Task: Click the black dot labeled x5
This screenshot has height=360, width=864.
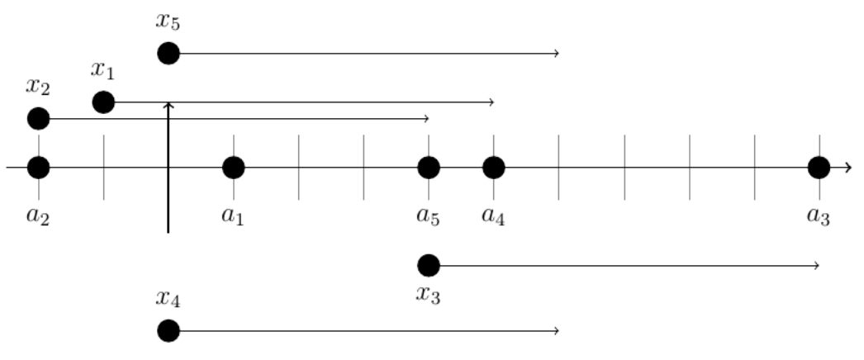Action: click(168, 54)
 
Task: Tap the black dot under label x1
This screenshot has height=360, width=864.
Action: click(103, 102)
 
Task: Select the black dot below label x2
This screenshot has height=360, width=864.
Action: click(39, 119)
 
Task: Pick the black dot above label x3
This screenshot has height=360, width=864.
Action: click(428, 265)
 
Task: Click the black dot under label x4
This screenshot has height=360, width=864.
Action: click(168, 330)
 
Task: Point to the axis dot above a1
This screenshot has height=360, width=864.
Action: click(233, 168)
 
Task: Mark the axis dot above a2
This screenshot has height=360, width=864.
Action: click(39, 168)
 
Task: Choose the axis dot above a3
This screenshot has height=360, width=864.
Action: click(819, 168)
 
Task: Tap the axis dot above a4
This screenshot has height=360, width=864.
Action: click(493, 168)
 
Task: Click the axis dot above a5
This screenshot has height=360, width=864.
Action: click(428, 168)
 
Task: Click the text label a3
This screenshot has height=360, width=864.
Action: click(819, 217)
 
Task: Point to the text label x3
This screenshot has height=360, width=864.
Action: click(429, 295)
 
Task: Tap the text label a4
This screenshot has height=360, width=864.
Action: click(494, 217)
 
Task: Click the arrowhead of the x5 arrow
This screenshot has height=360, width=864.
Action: click(558, 54)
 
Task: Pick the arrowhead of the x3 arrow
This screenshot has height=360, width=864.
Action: click(817, 265)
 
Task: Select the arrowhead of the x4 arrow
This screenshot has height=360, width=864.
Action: click(558, 330)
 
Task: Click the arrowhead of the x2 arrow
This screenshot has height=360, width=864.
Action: click(427, 119)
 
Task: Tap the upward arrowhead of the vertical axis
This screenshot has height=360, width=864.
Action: click(168, 104)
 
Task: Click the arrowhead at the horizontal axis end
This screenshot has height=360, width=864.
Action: click(849, 168)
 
